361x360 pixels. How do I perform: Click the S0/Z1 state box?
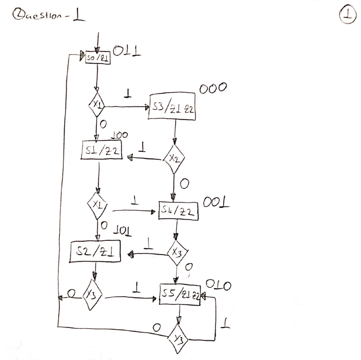[x=97, y=59]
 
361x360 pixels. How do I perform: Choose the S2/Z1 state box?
[x=95, y=252]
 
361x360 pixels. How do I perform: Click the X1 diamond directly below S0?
[x=97, y=105]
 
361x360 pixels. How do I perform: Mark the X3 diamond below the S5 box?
[x=178, y=339]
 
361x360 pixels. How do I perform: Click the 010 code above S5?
[x=219, y=286]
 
